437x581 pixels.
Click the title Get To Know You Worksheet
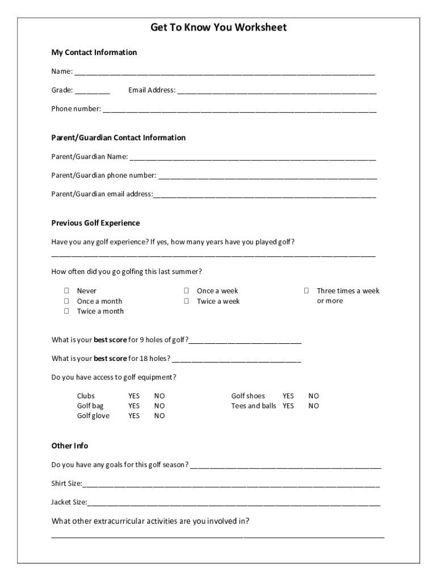[x=218, y=27]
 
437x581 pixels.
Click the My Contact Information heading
[x=94, y=52]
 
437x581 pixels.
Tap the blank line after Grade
[x=92, y=91]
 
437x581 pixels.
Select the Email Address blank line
[x=276, y=91]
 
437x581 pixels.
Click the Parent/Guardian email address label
[x=102, y=194]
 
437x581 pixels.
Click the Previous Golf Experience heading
[x=95, y=223]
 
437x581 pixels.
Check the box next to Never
[x=66, y=291]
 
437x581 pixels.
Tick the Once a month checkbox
[x=66, y=301]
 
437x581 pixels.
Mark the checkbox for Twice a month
[x=66, y=311]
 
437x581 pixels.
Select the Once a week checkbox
[x=186, y=291]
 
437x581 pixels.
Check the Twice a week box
[x=186, y=301]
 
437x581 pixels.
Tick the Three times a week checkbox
[x=306, y=291]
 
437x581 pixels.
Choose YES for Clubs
[x=134, y=395]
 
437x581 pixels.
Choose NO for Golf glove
[x=159, y=416]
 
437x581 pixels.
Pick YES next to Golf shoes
[x=288, y=395]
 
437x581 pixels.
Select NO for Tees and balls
[x=314, y=406]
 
